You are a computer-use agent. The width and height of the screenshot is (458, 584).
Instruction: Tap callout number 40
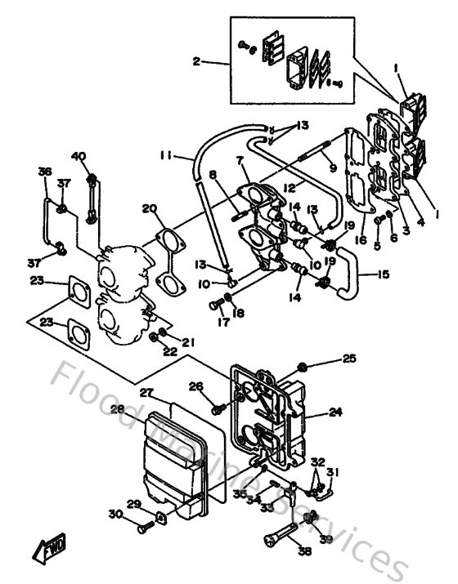pos(79,157)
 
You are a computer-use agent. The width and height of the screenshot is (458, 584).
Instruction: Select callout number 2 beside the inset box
pos(197,61)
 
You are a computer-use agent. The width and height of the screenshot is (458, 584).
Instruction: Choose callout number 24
pos(335,413)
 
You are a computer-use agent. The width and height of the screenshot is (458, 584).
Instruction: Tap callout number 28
pos(118,408)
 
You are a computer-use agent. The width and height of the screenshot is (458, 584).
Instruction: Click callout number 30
pos(114,514)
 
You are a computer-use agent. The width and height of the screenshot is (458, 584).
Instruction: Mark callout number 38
pos(304,552)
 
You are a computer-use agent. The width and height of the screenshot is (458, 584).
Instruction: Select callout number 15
pos(382,274)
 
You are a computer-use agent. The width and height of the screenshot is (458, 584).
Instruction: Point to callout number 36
pos(45,172)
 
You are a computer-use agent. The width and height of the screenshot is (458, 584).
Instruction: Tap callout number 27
pos(146,392)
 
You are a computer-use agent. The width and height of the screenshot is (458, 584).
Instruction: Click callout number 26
pos(196,386)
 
